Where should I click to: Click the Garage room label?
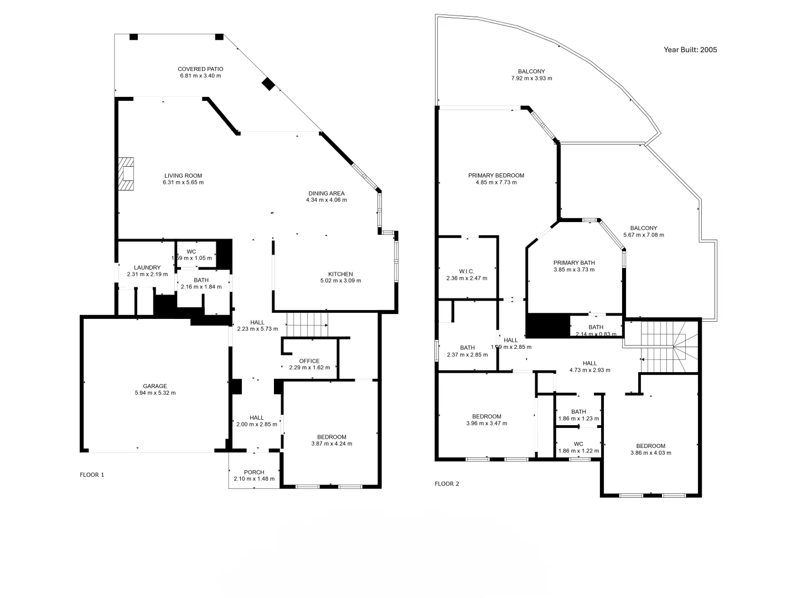point(155,386)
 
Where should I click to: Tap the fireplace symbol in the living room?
point(127,174)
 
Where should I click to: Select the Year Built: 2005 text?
point(690,50)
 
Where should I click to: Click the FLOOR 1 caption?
point(92,475)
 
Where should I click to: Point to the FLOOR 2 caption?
point(447,483)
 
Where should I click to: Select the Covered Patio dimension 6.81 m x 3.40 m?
point(200,76)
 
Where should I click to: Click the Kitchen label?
point(340,274)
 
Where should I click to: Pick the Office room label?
point(309,361)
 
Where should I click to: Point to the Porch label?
point(254,472)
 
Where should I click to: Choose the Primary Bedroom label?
point(496,176)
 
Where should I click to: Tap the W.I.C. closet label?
point(467,271)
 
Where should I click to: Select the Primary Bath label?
point(574,263)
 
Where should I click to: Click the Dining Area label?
point(326,193)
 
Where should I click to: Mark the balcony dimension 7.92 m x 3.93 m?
point(531,79)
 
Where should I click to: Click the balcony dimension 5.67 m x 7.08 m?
point(644,235)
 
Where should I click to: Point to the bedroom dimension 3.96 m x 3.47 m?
point(487,424)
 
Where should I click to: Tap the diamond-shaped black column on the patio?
point(268,84)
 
